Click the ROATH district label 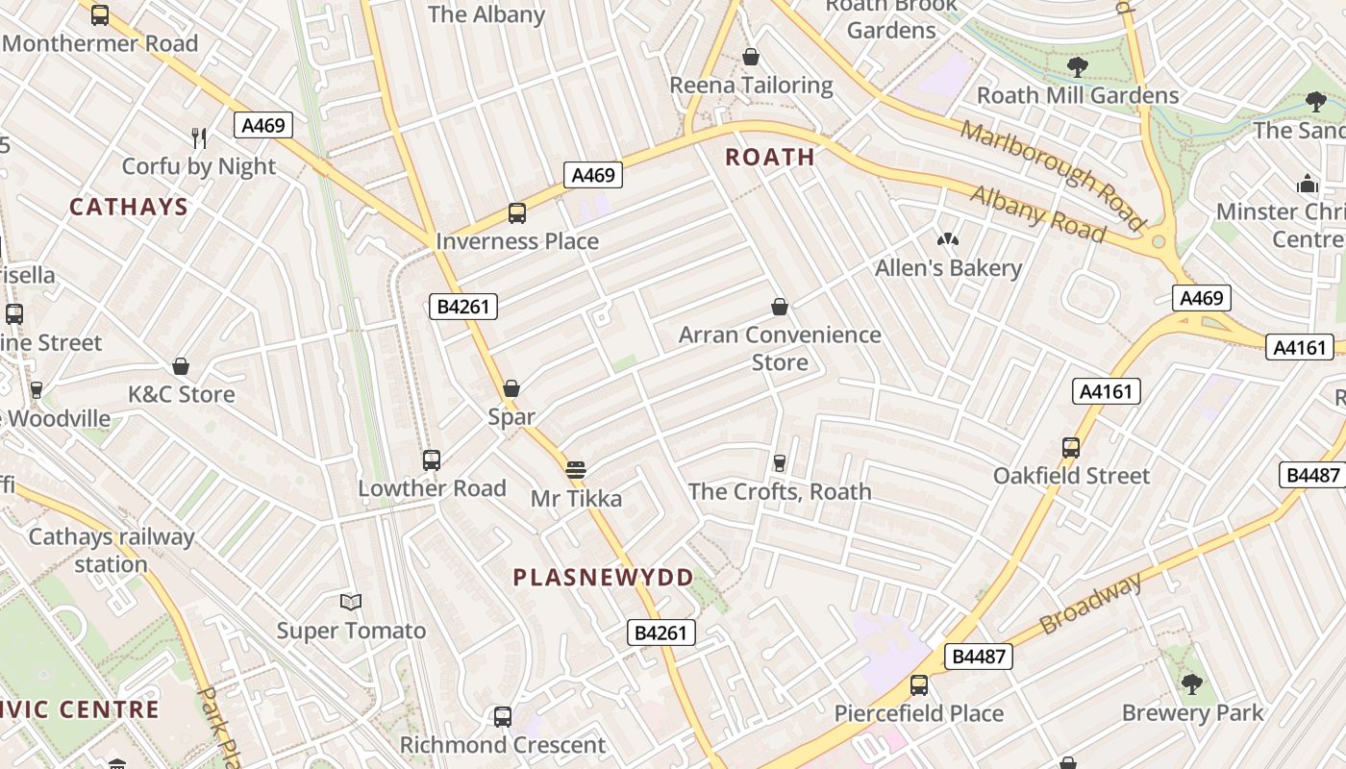point(769,157)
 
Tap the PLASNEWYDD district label point(603,578)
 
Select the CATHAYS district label point(129,207)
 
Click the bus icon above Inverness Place point(517,213)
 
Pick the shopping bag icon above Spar point(511,388)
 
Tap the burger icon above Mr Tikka point(576,470)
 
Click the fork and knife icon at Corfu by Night point(199,137)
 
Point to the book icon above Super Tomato point(351,603)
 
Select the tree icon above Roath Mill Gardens point(1077,66)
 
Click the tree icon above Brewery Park point(1192,684)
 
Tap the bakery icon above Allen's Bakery point(948,238)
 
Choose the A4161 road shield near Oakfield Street point(1106,391)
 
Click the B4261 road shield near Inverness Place point(462,307)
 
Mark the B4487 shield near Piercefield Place point(979,657)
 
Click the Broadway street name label point(1091,604)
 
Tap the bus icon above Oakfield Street point(1071,447)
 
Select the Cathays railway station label point(112,550)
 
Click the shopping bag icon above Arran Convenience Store point(780,307)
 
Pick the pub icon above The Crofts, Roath point(780,463)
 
